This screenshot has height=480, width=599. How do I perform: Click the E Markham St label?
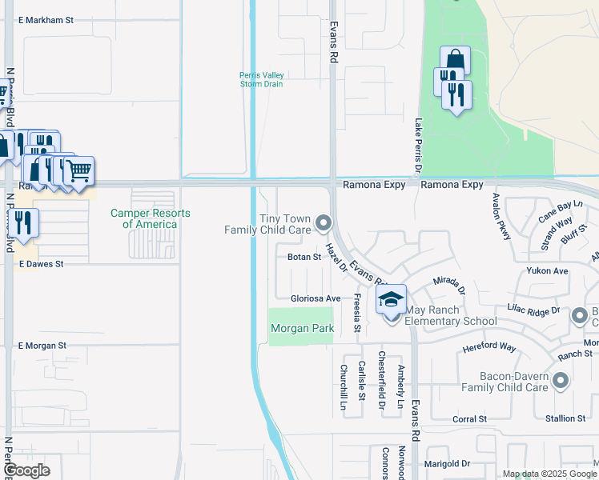pyautogui.click(x=46, y=19)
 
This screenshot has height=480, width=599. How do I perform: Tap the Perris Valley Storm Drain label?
pyautogui.click(x=262, y=80)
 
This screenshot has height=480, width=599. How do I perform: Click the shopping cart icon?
pyautogui.click(x=78, y=170)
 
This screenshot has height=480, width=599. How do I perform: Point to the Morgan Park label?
pyautogui.click(x=301, y=329)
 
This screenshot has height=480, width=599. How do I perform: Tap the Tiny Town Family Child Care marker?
pyautogui.click(x=323, y=222)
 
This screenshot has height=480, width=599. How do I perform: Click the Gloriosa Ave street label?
pyautogui.click(x=316, y=298)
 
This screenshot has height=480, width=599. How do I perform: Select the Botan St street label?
pyautogui.click(x=304, y=258)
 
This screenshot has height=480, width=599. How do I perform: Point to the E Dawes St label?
pyautogui.click(x=40, y=263)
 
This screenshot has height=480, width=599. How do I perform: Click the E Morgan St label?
pyautogui.click(x=42, y=346)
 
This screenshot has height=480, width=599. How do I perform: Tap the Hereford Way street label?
pyautogui.click(x=489, y=347)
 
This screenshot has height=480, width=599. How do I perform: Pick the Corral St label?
pyautogui.click(x=470, y=418)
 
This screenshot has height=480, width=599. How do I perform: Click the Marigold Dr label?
pyautogui.click(x=447, y=463)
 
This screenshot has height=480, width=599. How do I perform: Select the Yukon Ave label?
pyautogui.click(x=547, y=271)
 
